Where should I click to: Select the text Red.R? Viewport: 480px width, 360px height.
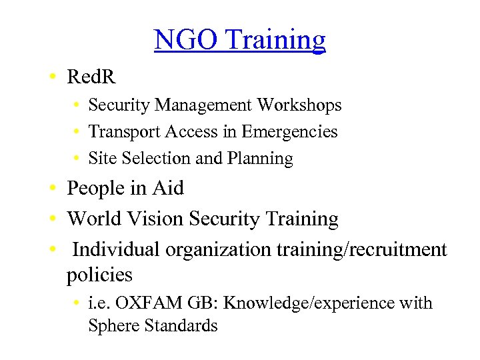point(91,77)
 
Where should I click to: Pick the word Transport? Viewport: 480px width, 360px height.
point(118,132)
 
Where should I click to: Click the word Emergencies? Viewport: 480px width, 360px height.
point(289,132)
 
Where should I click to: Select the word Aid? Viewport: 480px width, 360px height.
point(169,189)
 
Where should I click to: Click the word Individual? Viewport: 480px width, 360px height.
point(117,249)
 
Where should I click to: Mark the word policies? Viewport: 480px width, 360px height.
point(99,275)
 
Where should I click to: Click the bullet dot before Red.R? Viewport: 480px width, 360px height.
point(52,78)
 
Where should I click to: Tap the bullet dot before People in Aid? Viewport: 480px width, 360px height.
point(52,189)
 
